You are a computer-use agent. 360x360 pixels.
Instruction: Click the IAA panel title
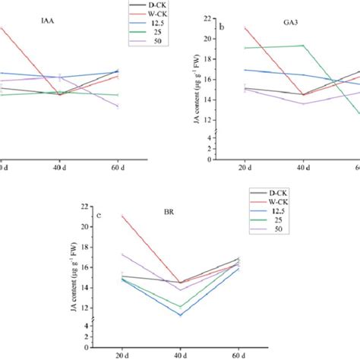pyautogui.click(x=36, y=24)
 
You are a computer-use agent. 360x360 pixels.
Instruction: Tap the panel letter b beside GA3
pyautogui.click(x=222, y=28)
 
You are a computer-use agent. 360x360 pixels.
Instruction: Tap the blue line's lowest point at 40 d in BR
pyautogui.click(x=180, y=314)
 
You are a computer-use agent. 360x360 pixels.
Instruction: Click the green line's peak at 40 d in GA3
pyautogui.click(x=302, y=46)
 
